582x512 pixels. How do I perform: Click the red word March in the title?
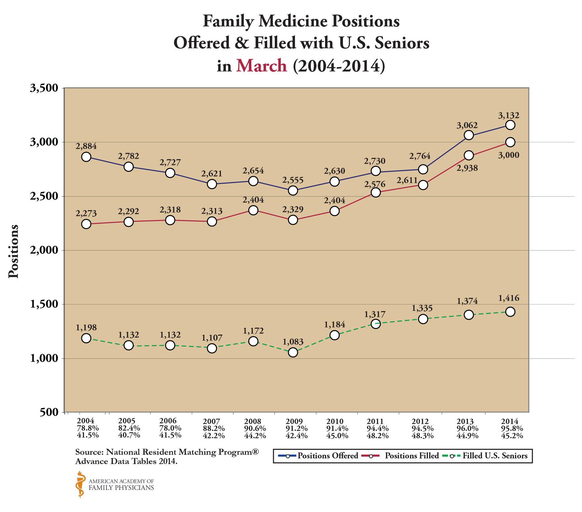pos(261,65)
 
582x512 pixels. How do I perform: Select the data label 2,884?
pos(86,146)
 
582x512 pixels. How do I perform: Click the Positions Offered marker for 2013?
pos(469,135)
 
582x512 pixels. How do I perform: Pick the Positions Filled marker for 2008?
pos(253,210)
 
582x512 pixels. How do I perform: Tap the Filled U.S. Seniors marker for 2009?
pos(293,352)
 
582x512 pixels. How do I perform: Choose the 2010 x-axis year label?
pos(334,421)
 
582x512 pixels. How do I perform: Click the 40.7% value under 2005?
pos(129,435)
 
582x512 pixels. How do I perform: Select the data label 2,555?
pos(293,180)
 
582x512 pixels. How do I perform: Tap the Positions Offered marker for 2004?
pos(86,157)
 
